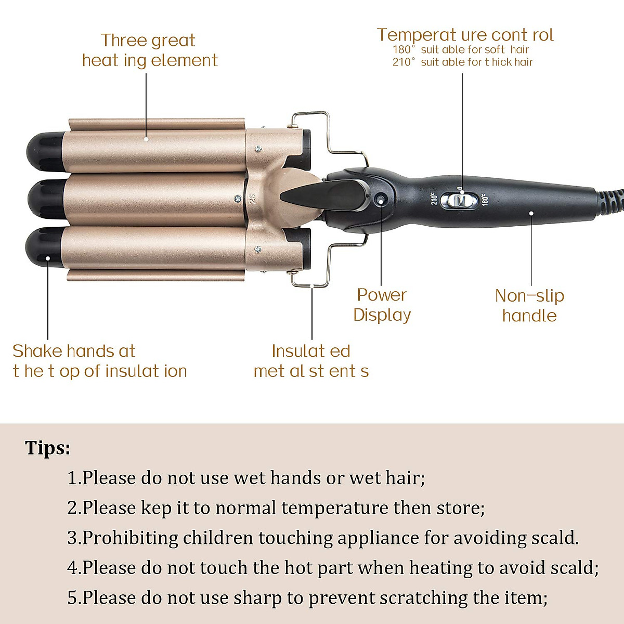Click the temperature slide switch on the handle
point(459,200)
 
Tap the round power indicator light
point(381,199)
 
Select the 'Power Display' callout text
point(382,305)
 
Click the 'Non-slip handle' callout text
point(529,305)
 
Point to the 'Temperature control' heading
point(465,35)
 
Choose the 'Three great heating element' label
point(149,50)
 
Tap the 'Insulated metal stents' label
point(311,361)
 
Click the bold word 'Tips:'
point(47,448)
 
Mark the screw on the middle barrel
point(238,198)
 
